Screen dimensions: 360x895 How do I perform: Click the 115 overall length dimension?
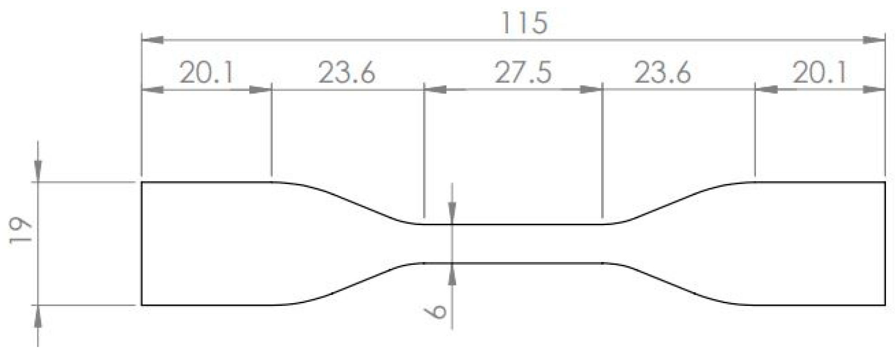524,23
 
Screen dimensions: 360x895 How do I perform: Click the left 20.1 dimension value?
207,73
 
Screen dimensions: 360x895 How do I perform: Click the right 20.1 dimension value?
820,73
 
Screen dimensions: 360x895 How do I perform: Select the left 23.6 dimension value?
347,73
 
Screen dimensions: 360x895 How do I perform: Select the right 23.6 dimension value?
662,73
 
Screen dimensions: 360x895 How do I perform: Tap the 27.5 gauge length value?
523,73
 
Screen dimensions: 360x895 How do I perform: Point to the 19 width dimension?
20,231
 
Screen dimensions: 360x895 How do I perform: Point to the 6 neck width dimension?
436,311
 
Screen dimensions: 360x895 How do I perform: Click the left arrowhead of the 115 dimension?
153,40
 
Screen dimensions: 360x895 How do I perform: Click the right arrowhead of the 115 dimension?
874,40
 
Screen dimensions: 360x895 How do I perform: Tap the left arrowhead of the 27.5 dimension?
436,89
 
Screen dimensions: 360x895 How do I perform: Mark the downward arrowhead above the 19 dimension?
38,171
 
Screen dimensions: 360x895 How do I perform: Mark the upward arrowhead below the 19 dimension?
38,316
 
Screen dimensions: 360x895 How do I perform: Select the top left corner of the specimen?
142,182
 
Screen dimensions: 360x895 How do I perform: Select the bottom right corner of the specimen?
884,305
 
